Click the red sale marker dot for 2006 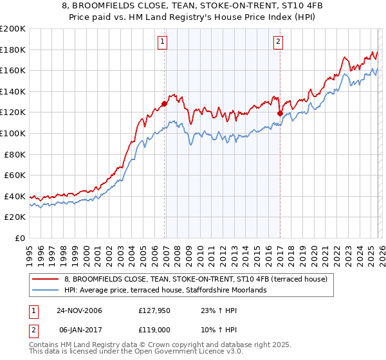click(x=165, y=104)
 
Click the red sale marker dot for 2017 click(x=280, y=113)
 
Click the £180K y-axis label click(x=13, y=50)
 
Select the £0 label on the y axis click(x=19, y=238)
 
